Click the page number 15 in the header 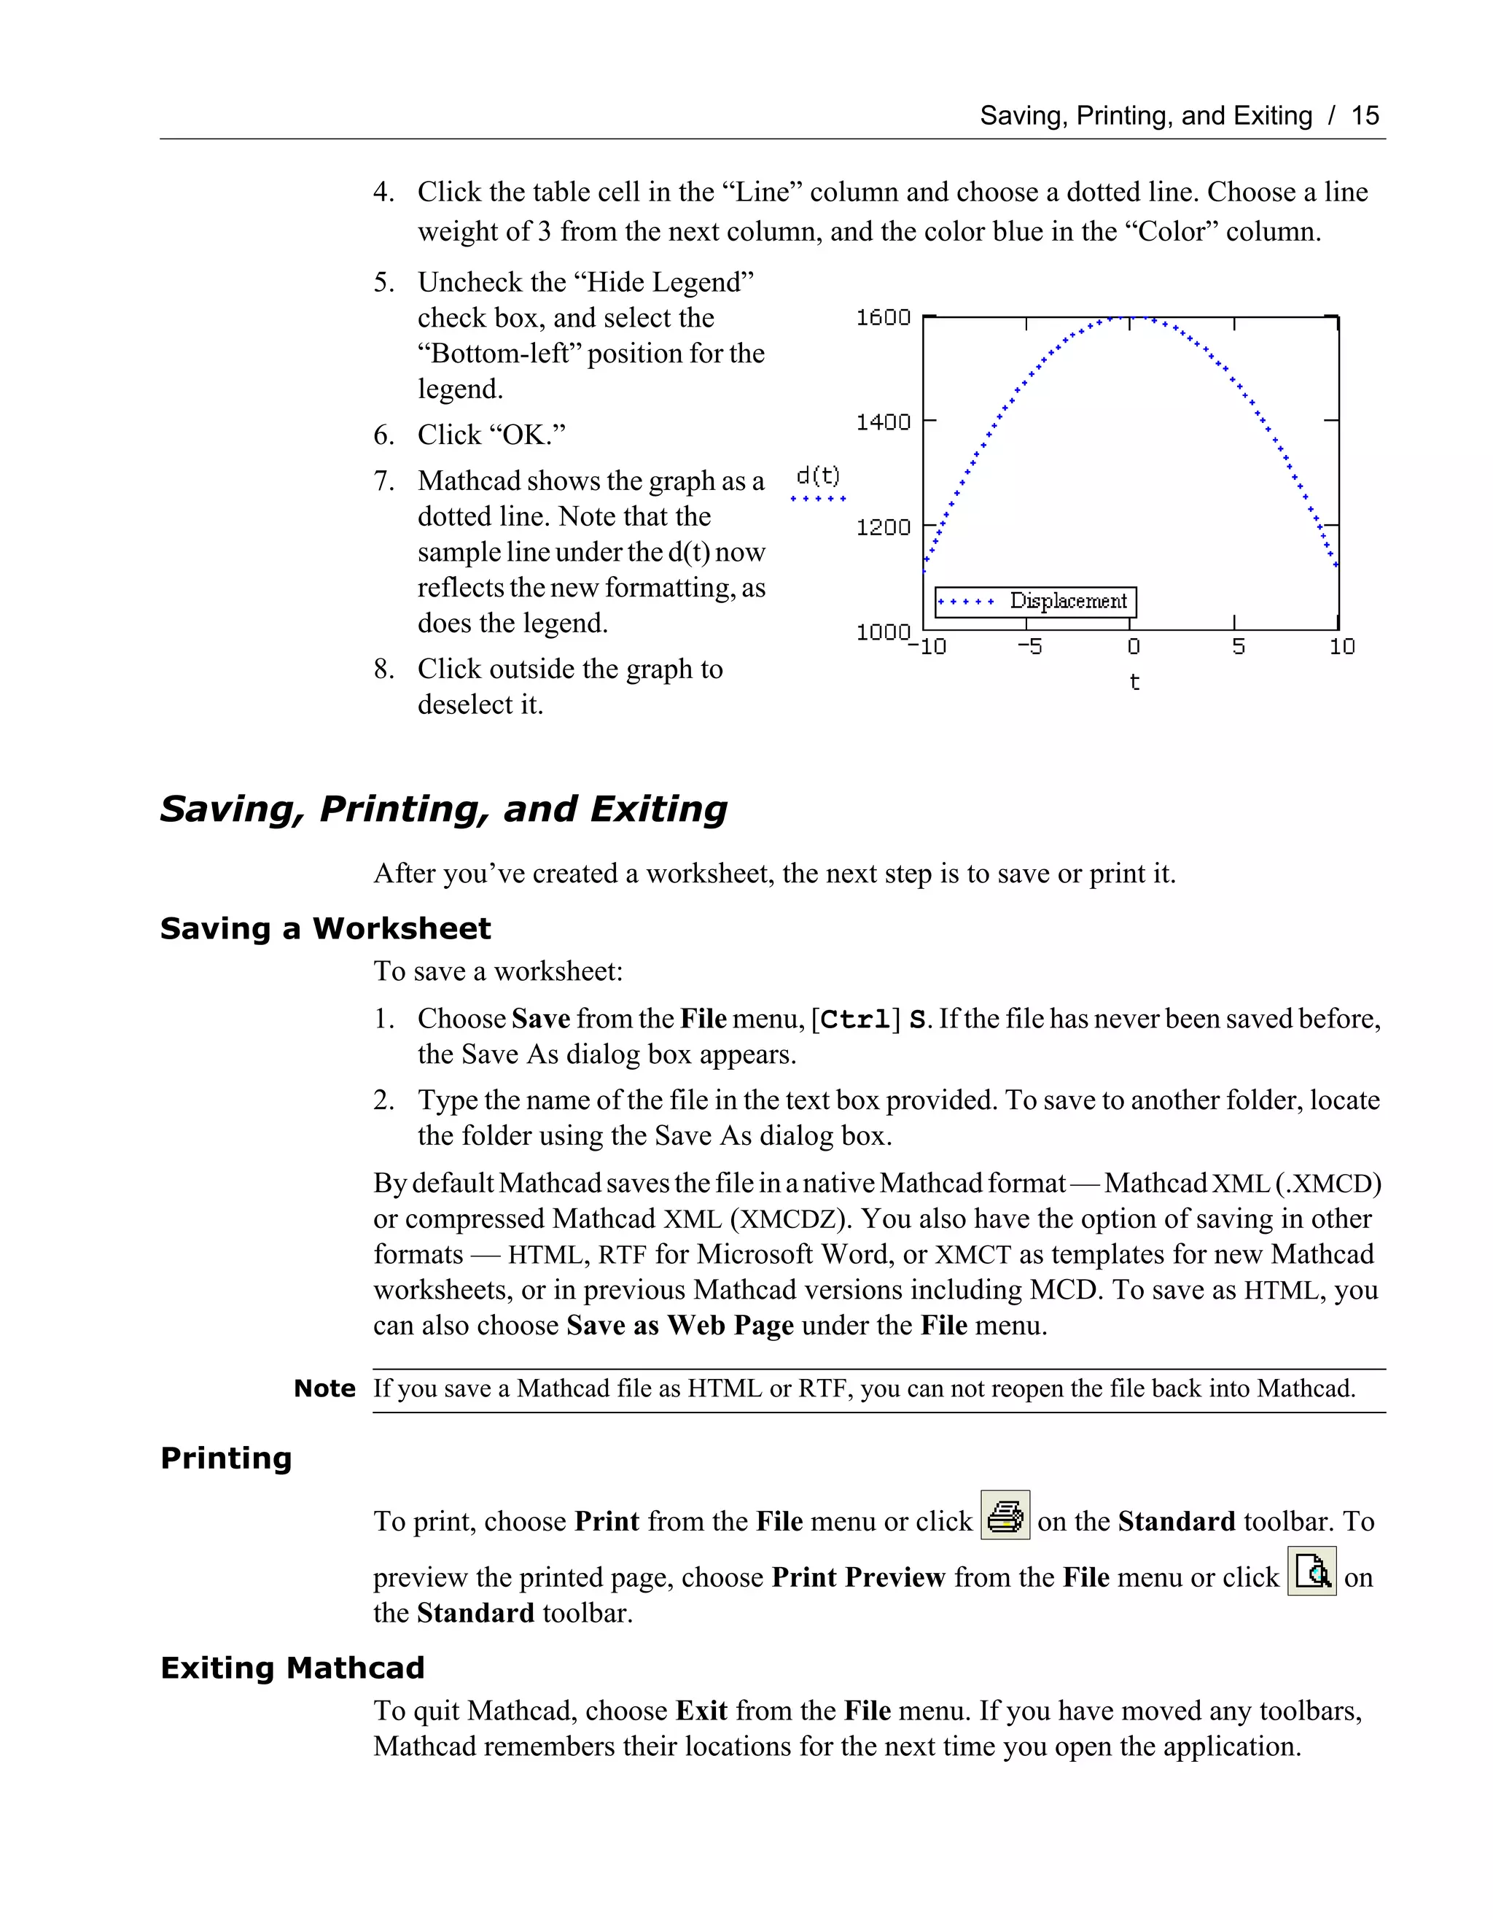[x=1365, y=116]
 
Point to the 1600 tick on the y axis [x=883, y=317]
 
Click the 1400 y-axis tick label [x=883, y=422]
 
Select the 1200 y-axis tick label [x=883, y=526]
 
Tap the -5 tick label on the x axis [x=1029, y=647]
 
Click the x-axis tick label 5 [x=1238, y=647]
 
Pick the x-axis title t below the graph [x=1134, y=683]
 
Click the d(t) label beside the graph [x=817, y=476]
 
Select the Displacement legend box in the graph [x=1035, y=602]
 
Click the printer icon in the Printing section [x=1005, y=1515]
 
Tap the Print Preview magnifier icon [x=1311, y=1571]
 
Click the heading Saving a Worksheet [x=325, y=928]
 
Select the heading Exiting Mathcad [x=292, y=1668]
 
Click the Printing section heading [x=226, y=1458]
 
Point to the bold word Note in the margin [x=324, y=1388]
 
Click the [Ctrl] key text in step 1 [x=856, y=1019]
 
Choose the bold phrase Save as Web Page [x=679, y=1325]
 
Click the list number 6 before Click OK [x=383, y=435]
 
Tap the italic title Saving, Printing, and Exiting [x=444, y=809]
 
